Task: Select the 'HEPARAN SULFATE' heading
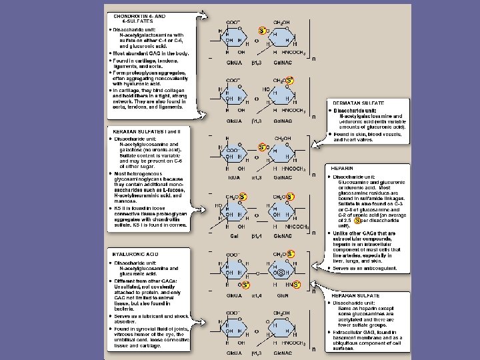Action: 354,294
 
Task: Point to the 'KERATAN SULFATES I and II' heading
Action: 143,132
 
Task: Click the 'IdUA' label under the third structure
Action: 233,178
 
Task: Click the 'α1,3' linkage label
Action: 255,178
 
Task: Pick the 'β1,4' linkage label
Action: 255,235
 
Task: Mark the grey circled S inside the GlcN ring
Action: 281,272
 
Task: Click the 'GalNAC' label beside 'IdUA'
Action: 283,178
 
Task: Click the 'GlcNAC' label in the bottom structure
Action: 283,351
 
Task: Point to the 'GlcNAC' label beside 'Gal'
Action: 283,235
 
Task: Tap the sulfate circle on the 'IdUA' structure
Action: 262,147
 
